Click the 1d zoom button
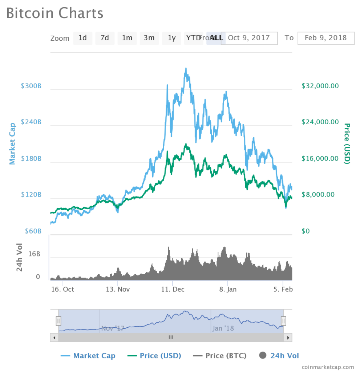coord(83,38)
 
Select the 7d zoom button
coord(105,38)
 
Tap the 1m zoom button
coord(127,38)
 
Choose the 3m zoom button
coord(149,38)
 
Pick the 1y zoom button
coord(171,38)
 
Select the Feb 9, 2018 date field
coord(326,38)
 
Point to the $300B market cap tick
coord(31,86)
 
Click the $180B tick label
coord(31,159)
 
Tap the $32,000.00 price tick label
coord(320,86)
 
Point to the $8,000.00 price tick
coord(318,195)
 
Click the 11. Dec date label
coord(173,290)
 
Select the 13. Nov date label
coord(117,290)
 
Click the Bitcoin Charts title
coord(55,13)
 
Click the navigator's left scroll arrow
coord(54,338)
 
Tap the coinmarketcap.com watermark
coord(328,367)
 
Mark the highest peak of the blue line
coord(186,68)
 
